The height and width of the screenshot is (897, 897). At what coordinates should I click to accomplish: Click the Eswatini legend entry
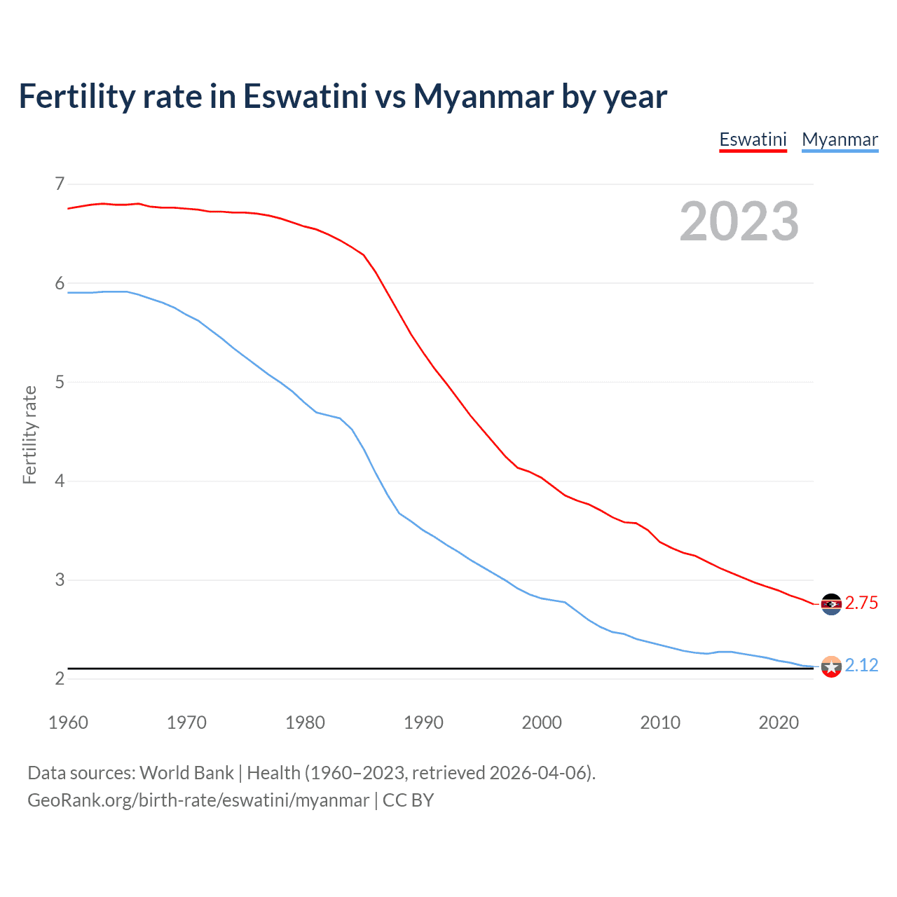[x=753, y=139]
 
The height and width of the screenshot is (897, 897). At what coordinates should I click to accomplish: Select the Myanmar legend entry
[x=840, y=139]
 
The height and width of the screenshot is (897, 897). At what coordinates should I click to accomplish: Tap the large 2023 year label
[x=739, y=221]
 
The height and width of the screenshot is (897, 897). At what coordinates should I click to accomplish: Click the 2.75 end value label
[x=861, y=603]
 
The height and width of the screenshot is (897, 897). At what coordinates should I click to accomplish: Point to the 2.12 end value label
[x=861, y=665]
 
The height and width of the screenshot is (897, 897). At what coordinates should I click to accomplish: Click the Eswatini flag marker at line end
[x=831, y=604]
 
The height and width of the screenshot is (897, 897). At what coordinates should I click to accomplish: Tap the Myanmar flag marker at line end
[x=831, y=666]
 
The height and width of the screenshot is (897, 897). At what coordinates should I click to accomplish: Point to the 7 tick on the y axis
[x=60, y=184]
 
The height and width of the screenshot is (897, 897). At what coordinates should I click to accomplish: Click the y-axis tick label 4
[x=60, y=481]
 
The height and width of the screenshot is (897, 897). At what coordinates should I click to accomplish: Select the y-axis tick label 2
[x=60, y=679]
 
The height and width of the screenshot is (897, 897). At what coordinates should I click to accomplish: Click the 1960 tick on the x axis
[x=68, y=723]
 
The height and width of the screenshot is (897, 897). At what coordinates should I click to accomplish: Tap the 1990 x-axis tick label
[x=423, y=723]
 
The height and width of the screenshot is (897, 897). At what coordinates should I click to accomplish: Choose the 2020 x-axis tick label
[x=779, y=723]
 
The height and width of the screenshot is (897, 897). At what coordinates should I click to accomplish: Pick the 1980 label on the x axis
[x=305, y=723]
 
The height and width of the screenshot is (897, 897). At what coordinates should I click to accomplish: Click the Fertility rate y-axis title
[x=29, y=434]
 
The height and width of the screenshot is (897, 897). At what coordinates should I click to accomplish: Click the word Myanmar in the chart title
[x=482, y=96]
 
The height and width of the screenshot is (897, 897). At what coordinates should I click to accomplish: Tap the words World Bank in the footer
[x=186, y=773]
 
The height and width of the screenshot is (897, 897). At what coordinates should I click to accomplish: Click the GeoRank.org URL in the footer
[x=198, y=800]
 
